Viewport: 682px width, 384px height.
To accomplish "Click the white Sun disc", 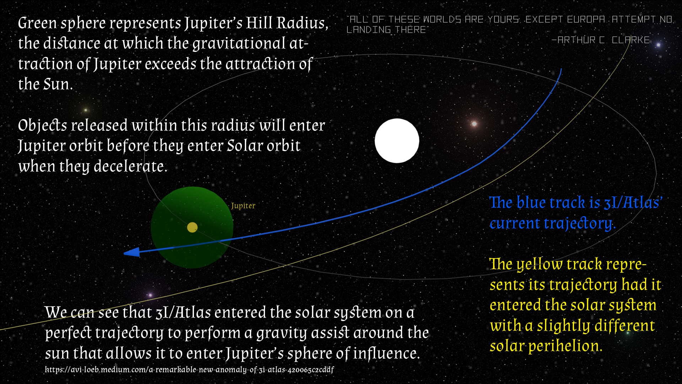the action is coord(397,141).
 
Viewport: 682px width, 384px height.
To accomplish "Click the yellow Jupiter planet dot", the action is coord(192,227).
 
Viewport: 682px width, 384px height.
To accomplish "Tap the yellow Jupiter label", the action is coord(243,206).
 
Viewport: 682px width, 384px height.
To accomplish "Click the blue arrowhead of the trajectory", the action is coord(132,252).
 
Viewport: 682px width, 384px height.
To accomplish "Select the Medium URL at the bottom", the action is coord(189,370).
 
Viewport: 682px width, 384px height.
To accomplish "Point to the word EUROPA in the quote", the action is coord(586,19).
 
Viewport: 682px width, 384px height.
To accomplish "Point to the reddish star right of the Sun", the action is coord(474,124).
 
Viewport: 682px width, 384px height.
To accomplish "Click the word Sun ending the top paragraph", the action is coord(58,84).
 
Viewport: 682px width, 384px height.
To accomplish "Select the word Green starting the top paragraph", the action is coord(37,23).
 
